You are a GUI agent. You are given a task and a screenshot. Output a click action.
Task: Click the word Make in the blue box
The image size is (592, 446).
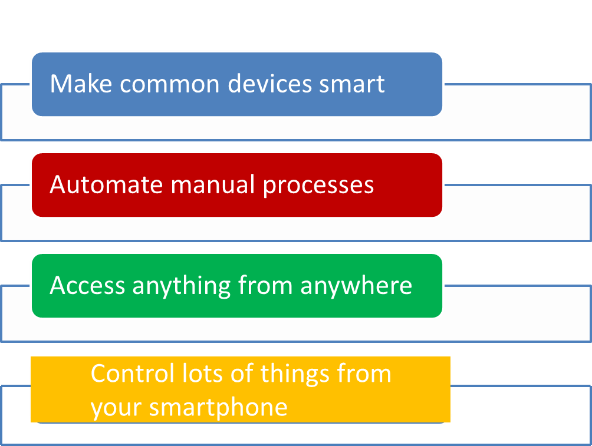click(x=81, y=84)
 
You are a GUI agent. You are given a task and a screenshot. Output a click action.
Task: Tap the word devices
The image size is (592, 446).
click(x=269, y=84)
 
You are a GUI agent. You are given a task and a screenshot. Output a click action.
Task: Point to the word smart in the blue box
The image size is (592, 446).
click(x=352, y=84)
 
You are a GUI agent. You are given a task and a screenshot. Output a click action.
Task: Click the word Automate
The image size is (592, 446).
click(x=106, y=184)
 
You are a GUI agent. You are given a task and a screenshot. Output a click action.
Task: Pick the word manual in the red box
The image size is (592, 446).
click(x=212, y=184)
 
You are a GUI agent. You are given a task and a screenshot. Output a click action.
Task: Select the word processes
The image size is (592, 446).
click(x=318, y=186)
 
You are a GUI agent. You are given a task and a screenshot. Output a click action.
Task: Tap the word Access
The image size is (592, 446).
click(x=87, y=285)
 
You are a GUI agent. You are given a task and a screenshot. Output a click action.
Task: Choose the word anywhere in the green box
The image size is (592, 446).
click(x=356, y=286)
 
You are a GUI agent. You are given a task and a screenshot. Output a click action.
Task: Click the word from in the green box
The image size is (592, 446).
click(x=265, y=285)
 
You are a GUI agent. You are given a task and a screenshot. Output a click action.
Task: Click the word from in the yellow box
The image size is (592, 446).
click(x=364, y=374)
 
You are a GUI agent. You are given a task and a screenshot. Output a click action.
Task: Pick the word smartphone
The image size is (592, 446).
click(x=218, y=409)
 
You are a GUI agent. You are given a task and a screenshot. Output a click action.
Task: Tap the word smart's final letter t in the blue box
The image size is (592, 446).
click(x=380, y=84)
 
